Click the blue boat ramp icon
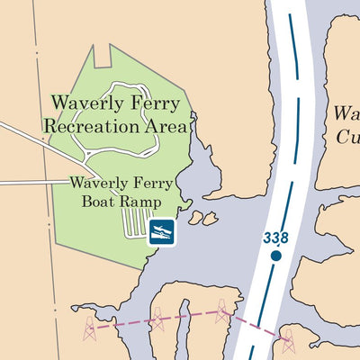[162, 231]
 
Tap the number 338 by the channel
[275, 238]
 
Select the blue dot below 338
[276, 256]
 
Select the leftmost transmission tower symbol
[90, 328]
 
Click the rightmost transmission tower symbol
[288, 341]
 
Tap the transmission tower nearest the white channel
[222, 311]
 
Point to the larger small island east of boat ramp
[210, 218]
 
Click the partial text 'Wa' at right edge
[346, 114]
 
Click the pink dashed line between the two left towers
[121, 323]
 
